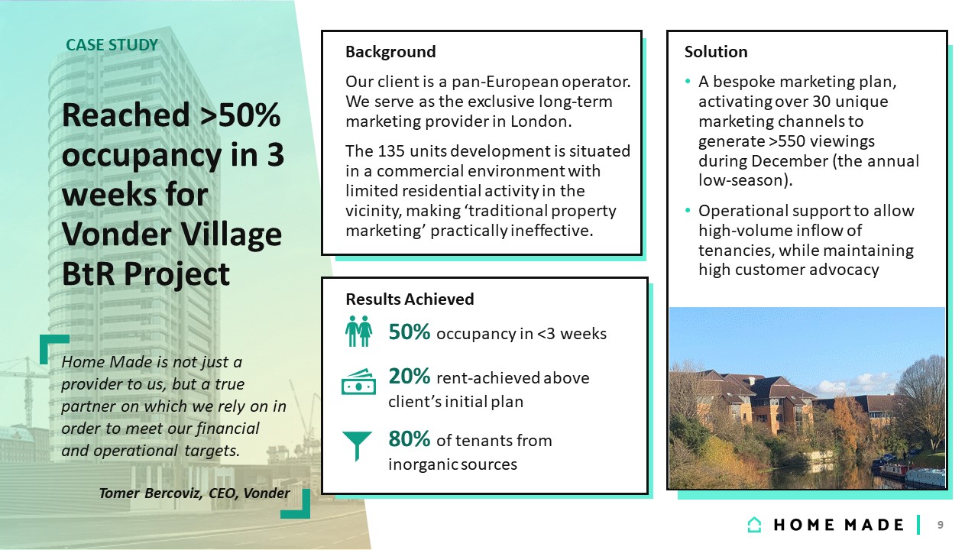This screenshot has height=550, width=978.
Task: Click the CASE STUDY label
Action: pyautogui.click(x=112, y=45)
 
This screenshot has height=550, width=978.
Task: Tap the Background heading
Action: pyautogui.click(x=390, y=52)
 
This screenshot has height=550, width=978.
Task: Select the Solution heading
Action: pyautogui.click(x=716, y=51)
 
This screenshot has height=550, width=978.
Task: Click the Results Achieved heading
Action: pyautogui.click(x=410, y=299)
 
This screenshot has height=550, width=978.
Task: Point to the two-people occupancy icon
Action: pyautogui.click(x=358, y=332)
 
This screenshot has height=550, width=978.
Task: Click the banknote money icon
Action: pyautogui.click(x=358, y=383)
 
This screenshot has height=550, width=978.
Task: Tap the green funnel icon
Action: pyautogui.click(x=357, y=445)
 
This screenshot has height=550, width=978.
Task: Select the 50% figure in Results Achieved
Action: pyautogui.click(x=409, y=332)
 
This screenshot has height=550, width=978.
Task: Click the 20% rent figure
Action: pyautogui.click(x=409, y=377)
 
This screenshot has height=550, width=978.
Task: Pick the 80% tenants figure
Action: pyautogui.click(x=409, y=439)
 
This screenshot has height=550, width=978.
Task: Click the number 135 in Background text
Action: pyautogui.click(x=390, y=151)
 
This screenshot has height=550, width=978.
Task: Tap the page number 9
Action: pyautogui.click(x=940, y=525)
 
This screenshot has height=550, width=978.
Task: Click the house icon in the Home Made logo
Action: pyautogui.click(x=754, y=525)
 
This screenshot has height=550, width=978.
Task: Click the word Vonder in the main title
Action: pyautogui.click(x=118, y=235)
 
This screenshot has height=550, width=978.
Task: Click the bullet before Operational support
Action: pyautogui.click(x=688, y=210)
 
